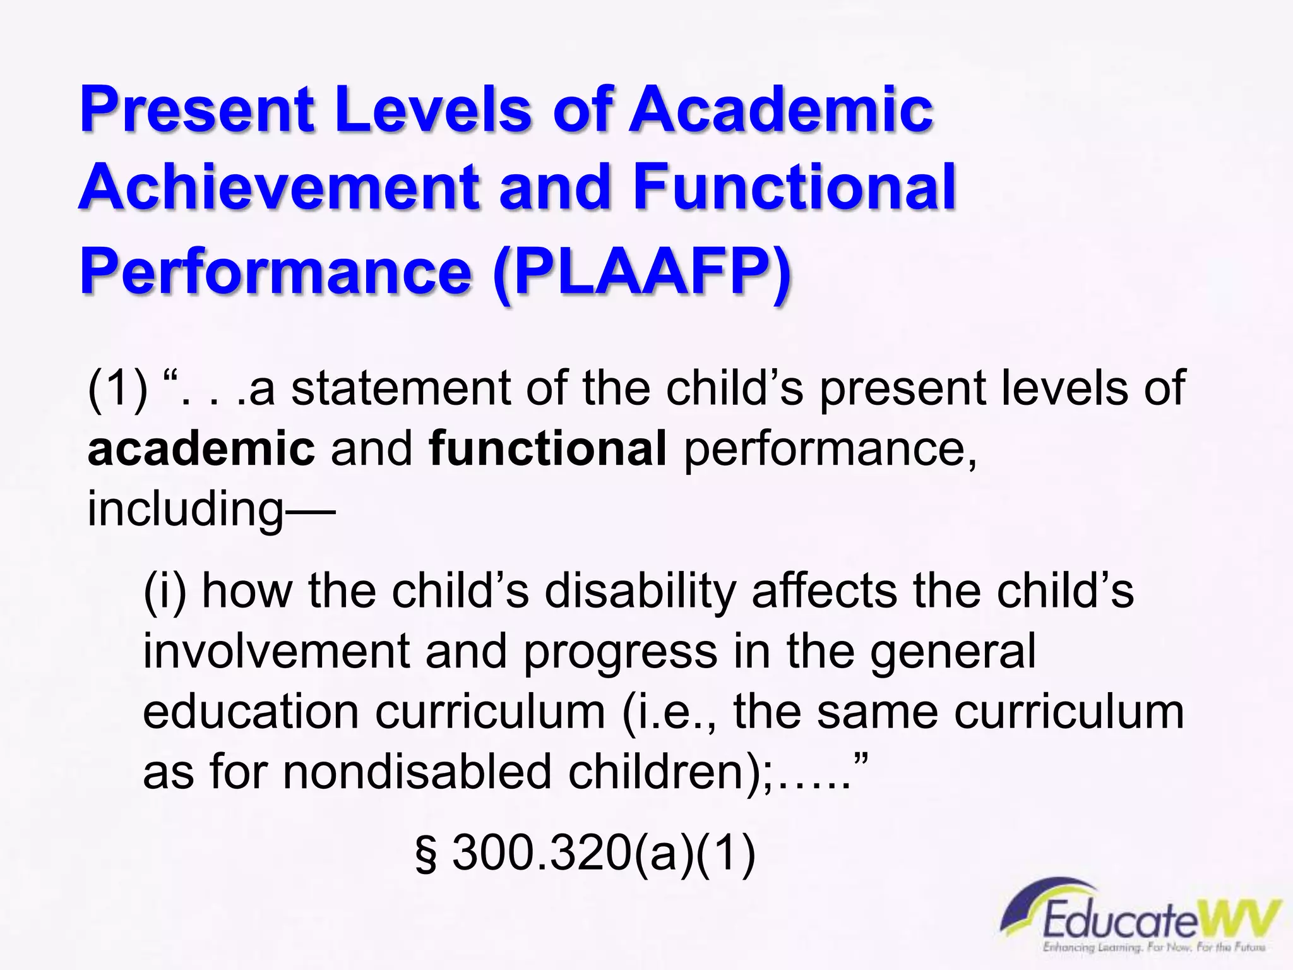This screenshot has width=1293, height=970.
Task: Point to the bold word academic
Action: point(201,448)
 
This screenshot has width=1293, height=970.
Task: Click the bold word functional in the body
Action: point(547,448)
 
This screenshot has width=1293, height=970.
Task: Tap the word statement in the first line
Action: point(400,388)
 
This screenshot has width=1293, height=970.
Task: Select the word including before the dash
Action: point(186,509)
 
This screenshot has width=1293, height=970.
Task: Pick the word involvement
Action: point(277,651)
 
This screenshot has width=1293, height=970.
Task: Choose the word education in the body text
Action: point(251,712)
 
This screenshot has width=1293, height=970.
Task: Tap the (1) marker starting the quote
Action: point(117,388)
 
